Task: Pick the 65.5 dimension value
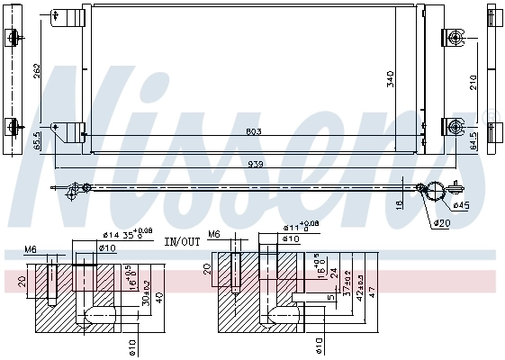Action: pyautogui.click(x=37, y=141)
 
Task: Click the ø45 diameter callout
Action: pyautogui.click(x=461, y=205)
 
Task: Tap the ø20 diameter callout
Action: pyautogui.click(x=441, y=222)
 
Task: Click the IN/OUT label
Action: pyautogui.click(x=182, y=242)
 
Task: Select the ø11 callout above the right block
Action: pyautogui.click(x=293, y=229)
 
